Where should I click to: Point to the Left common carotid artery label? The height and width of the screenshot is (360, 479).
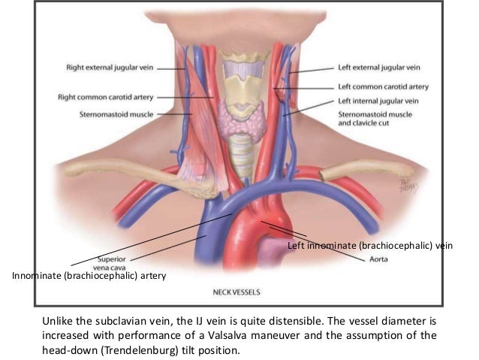[382, 87]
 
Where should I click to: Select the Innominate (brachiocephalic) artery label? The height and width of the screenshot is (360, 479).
[89, 277]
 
